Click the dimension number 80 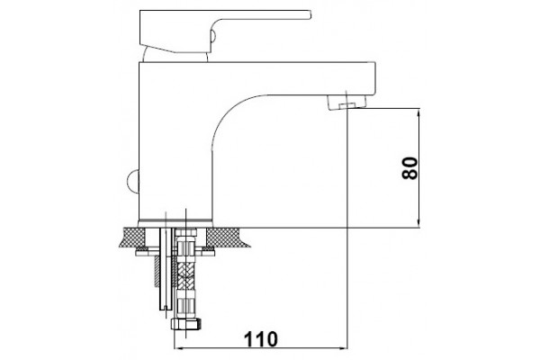coord(409,167)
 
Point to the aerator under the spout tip coord(346,102)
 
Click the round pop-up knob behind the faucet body coord(132,180)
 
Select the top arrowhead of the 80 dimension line coord(418,113)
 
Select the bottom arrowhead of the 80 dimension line coord(418,223)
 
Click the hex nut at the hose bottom coord(186,324)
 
